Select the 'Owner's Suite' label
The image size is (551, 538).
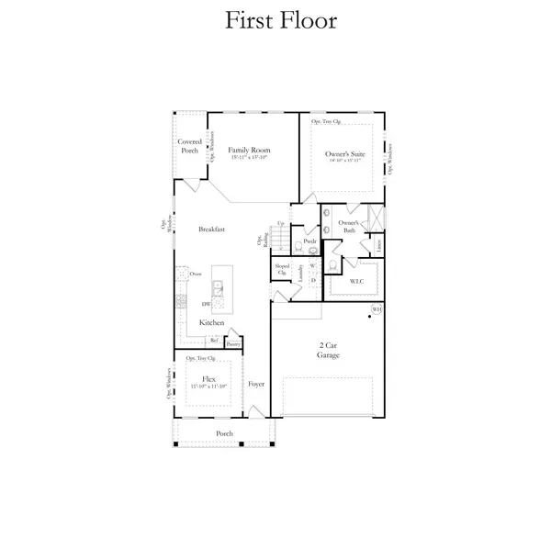345,154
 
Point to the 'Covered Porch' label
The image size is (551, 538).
189,146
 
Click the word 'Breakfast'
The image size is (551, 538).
212,230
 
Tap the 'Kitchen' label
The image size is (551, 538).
212,323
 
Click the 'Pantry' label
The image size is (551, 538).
233,343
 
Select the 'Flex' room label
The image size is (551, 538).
208,377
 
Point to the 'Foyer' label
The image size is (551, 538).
256,384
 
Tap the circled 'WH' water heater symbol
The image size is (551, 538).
376,309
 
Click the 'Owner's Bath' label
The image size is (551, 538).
347,227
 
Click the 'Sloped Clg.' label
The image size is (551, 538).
282,271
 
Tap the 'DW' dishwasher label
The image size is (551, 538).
206,304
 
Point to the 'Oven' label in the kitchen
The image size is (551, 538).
196,274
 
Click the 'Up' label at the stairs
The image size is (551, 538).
280,223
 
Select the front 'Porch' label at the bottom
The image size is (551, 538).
224,433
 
